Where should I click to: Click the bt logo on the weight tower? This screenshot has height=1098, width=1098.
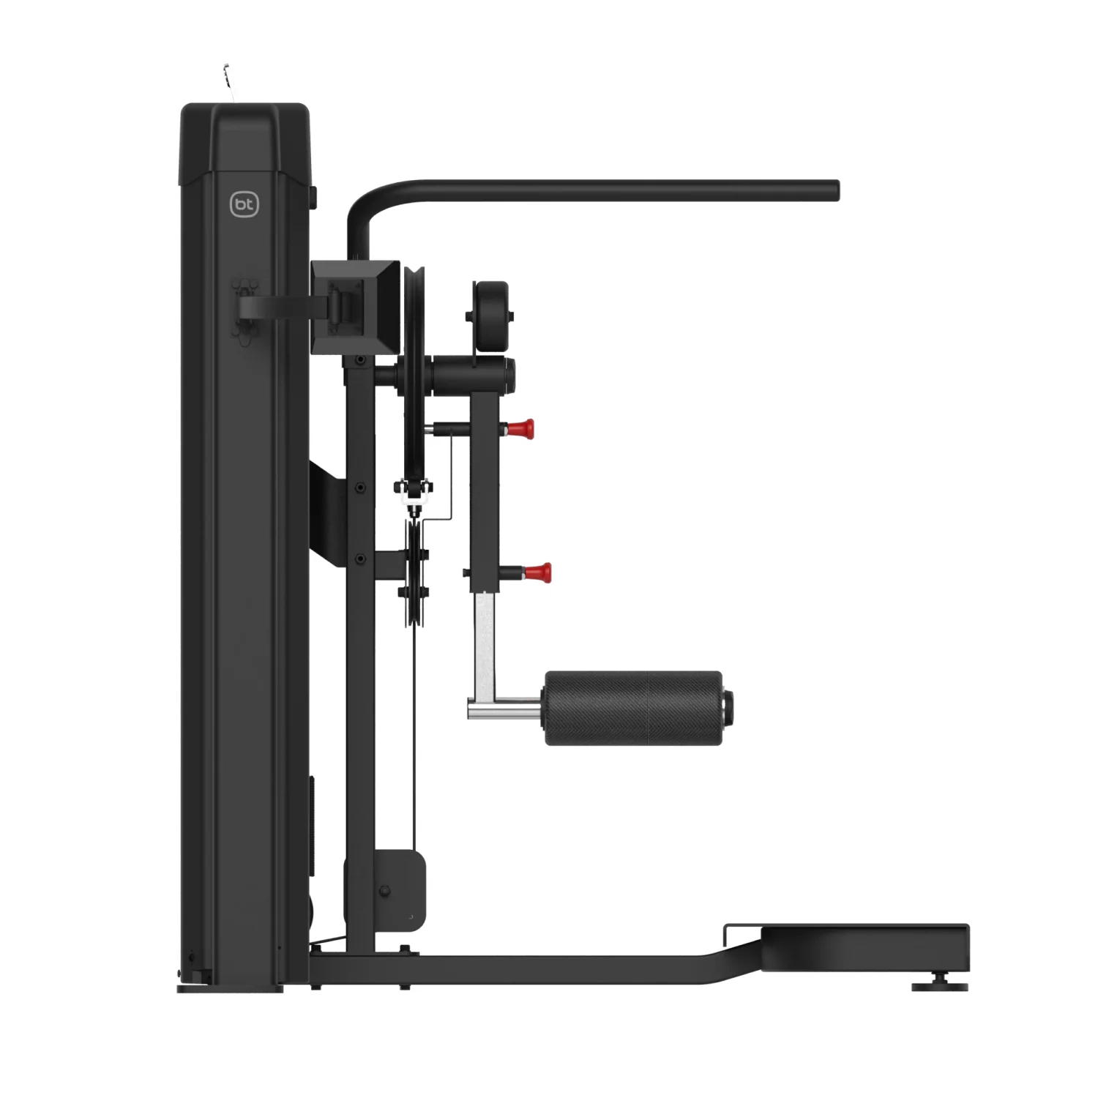[x=244, y=205]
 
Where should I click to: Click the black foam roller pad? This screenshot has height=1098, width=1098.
[x=633, y=708]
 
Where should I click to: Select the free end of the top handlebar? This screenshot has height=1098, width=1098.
[x=834, y=190]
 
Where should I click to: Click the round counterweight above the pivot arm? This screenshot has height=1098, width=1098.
[x=491, y=316]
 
